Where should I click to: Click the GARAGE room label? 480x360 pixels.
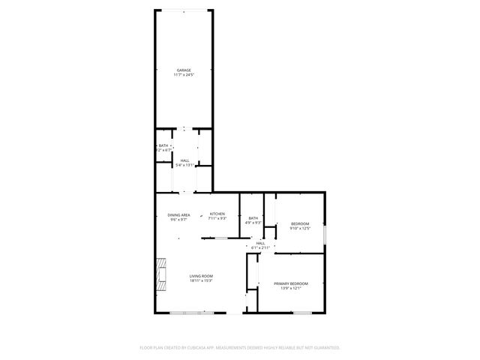coord(184,70)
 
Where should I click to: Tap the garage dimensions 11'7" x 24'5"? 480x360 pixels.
coord(184,75)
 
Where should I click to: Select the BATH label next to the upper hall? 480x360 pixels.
coord(163,145)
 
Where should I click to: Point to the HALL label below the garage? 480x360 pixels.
coord(184,160)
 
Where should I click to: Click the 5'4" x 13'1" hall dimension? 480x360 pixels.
coord(184,165)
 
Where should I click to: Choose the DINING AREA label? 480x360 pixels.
coord(178,215)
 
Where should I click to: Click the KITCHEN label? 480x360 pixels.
coord(217,214)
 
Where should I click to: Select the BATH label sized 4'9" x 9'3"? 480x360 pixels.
coord(253,218)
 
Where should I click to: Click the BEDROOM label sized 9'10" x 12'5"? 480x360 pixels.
coord(300,223)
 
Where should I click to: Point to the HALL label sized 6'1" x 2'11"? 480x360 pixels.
coord(260,243)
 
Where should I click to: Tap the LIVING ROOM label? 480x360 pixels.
coord(201,276)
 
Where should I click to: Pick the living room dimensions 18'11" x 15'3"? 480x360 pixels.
coord(201,281)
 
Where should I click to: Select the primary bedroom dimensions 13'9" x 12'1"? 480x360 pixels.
coord(291,288)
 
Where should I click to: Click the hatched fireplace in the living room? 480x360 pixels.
coord(160,274)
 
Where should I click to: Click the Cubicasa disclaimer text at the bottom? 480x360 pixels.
coord(240,347)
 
